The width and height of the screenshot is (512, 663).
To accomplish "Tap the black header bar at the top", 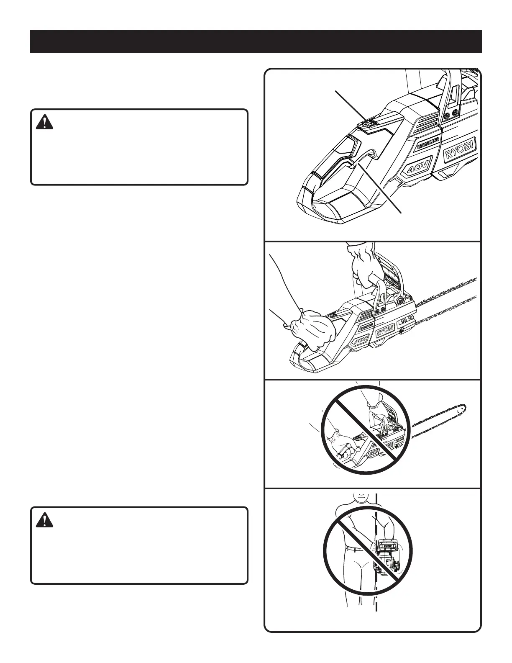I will (256, 41).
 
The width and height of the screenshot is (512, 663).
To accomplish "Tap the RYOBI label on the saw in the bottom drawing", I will (387, 546).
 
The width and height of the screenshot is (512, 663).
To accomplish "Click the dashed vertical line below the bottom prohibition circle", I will (376, 603).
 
